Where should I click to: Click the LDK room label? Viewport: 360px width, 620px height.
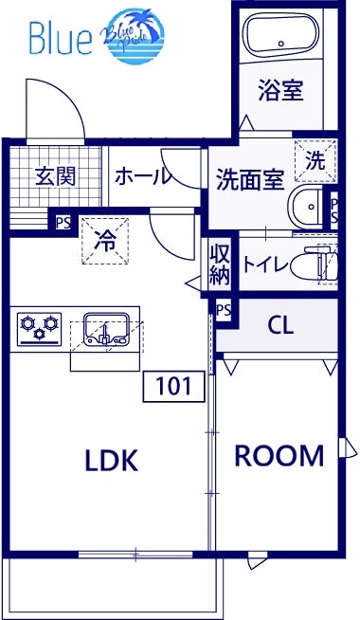(x=112, y=461)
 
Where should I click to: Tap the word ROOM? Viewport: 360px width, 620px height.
(x=279, y=456)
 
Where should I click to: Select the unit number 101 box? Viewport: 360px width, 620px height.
(x=172, y=386)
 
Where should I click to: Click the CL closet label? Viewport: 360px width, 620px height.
(x=280, y=325)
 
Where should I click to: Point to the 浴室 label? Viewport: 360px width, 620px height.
(x=280, y=90)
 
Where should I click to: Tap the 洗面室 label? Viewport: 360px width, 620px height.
(x=250, y=178)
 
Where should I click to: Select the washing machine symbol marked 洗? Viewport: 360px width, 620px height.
(x=315, y=160)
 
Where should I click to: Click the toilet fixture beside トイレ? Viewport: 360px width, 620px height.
(x=317, y=264)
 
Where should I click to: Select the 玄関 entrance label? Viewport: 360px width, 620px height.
(x=55, y=177)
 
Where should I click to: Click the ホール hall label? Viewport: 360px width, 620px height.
(x=143, y=176)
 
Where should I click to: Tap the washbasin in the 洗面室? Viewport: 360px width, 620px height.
(x=307, y=205)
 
